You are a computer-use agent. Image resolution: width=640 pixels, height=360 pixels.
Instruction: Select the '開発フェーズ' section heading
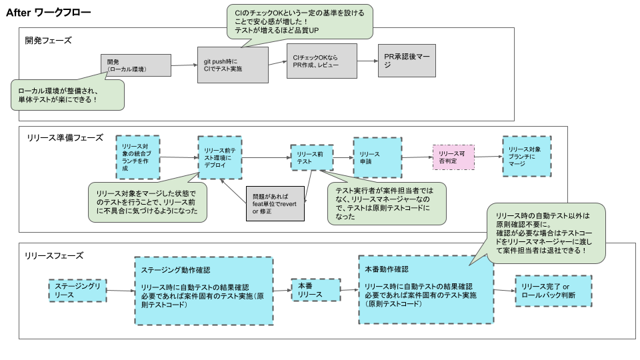pos(48,40)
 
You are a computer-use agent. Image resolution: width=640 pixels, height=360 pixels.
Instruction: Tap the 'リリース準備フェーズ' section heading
pos(65,137)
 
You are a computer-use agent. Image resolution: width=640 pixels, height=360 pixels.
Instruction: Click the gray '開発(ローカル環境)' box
pos(135,66)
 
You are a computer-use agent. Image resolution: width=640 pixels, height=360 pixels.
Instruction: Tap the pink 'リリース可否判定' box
pos(453,157)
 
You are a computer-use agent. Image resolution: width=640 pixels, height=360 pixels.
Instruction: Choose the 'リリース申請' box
pos(376,157)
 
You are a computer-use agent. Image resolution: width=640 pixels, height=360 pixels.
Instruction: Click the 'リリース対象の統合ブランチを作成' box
pos(137,157)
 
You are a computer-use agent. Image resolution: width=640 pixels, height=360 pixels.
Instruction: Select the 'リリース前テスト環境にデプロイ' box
pos(219,157)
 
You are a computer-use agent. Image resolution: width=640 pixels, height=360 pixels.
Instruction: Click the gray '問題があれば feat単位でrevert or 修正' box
pos(275,203)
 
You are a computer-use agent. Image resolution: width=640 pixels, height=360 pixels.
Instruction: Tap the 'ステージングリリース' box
pos(77,291)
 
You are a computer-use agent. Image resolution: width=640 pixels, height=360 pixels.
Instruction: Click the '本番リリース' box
pos(315,290)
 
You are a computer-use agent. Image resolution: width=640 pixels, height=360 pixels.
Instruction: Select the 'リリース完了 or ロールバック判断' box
pos(553,291)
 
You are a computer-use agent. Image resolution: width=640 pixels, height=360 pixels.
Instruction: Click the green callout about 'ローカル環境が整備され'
pos(68,95)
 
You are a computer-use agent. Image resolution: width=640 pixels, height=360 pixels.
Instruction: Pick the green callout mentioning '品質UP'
pos(299,23)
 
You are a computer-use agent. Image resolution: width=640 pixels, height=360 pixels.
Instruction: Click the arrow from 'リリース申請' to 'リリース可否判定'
pos(416,157)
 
